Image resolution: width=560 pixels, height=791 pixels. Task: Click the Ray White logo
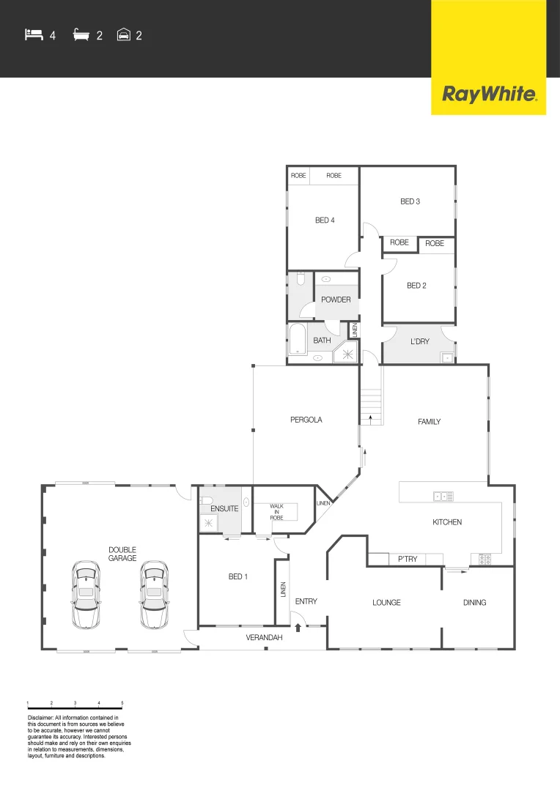(489, 94)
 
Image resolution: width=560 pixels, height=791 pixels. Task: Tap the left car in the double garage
(86, 595)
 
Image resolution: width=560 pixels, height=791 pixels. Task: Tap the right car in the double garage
(153, 595)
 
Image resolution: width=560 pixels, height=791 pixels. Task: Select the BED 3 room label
(410, 201)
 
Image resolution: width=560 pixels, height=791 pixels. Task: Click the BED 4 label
(325, 220)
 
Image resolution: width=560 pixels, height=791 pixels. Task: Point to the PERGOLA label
(306, 420)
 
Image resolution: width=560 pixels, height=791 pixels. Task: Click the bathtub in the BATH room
(297, 341)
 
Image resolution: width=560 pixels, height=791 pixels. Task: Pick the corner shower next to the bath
(345, 354)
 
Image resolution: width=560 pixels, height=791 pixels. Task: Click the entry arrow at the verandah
(298, 626)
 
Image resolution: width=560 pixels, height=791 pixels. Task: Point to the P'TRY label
(408, 560)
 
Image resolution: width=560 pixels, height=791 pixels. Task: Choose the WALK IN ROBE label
(276, 511)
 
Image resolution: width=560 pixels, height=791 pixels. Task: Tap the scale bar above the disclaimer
(75, 708)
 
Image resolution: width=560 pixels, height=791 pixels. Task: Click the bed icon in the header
(34, 34)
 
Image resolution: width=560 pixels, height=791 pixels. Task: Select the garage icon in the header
(124, 34)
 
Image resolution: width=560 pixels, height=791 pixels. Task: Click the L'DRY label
(419, 341)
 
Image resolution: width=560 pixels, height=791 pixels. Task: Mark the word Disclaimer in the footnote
(40, 718)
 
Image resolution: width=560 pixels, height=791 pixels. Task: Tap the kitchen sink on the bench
(444, 497)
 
